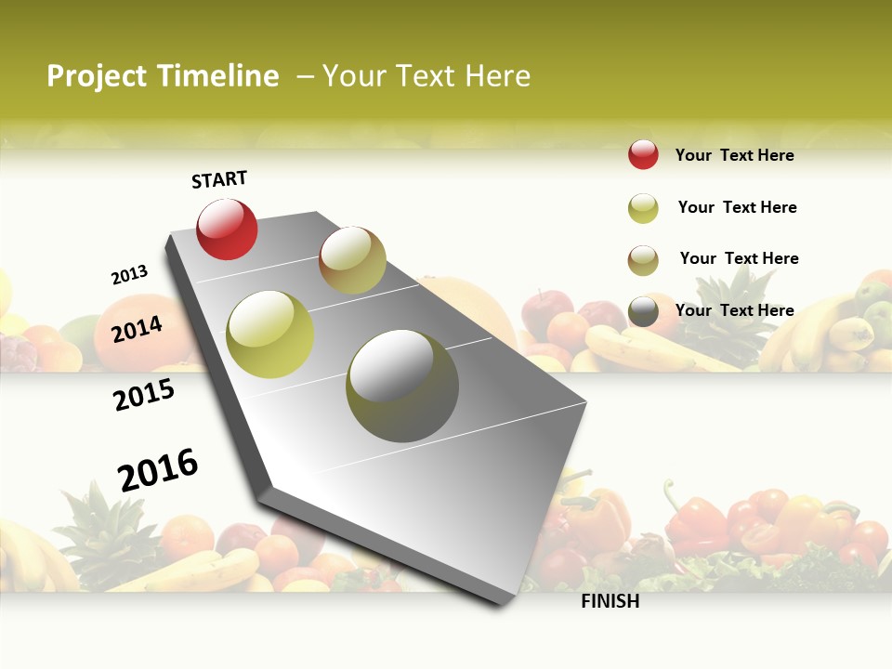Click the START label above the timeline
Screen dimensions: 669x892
(x=219, y=179)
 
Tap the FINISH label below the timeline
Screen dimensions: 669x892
(x=610, y=601)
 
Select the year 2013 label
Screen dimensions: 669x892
(x=129, y=275)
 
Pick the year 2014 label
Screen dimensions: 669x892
(x=137, y=329)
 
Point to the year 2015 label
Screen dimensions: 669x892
(x=144, y=396)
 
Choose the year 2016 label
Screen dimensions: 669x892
(x=158, y=470)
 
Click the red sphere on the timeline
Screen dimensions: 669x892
(x=227, y=230)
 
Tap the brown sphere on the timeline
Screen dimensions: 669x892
(x=352, y=260)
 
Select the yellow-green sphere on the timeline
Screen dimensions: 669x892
(x=270, y=334)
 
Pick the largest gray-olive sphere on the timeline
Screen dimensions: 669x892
(x=402, y=385)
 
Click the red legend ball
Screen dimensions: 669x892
(x=643, y=155)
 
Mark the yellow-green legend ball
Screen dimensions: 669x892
(x=643, y=208)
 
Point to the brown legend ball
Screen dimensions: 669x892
(x=643, y=260)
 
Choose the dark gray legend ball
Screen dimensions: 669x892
(x=643, y=312)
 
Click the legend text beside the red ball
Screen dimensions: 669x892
(x=734, y=155)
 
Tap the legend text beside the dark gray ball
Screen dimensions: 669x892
(x=734, y=310)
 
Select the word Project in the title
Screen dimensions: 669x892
(x=98, y=77)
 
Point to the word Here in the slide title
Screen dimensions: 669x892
(x=497, y=76)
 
